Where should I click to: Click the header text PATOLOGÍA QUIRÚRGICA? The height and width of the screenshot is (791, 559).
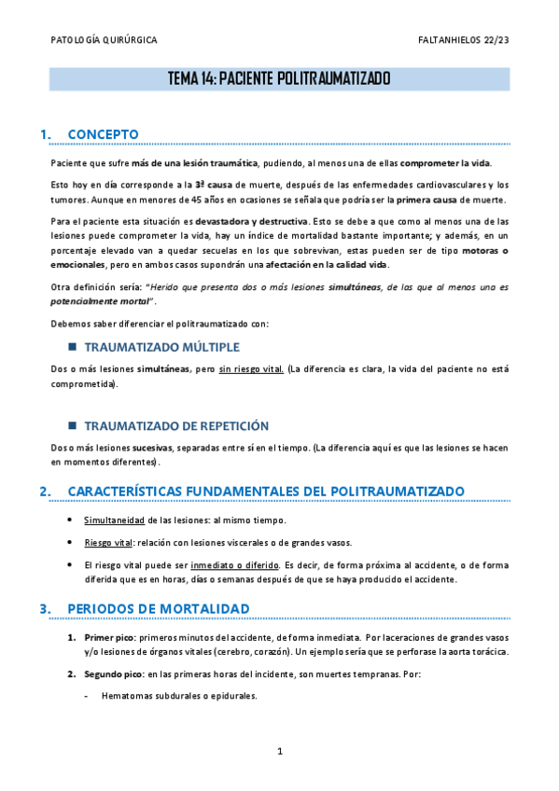(104, 41)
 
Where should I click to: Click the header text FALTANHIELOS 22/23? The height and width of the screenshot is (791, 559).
(465, 41)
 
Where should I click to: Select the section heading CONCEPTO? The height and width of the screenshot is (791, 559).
(104, 134)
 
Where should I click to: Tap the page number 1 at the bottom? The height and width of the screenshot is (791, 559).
(279, 751)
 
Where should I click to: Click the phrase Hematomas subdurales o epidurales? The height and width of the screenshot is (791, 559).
(178, 696)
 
